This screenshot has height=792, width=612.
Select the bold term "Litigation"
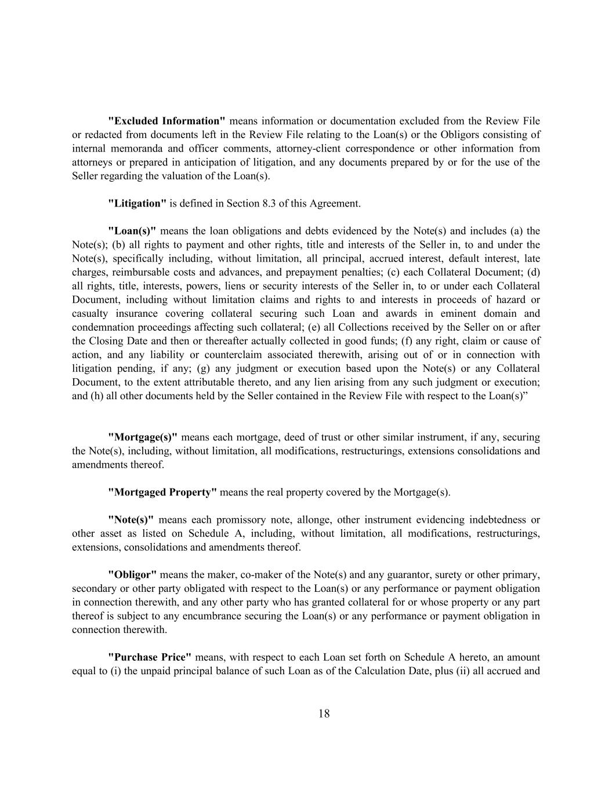[137, 204]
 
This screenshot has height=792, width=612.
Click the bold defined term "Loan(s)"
[132, 231]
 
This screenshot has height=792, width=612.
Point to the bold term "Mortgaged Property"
[162, 493]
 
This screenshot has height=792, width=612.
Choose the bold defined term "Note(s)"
[131, 520]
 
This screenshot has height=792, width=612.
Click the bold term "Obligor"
[132, 575]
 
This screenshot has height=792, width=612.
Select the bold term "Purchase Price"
[150, 658]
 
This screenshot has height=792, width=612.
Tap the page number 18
[324, 714]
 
